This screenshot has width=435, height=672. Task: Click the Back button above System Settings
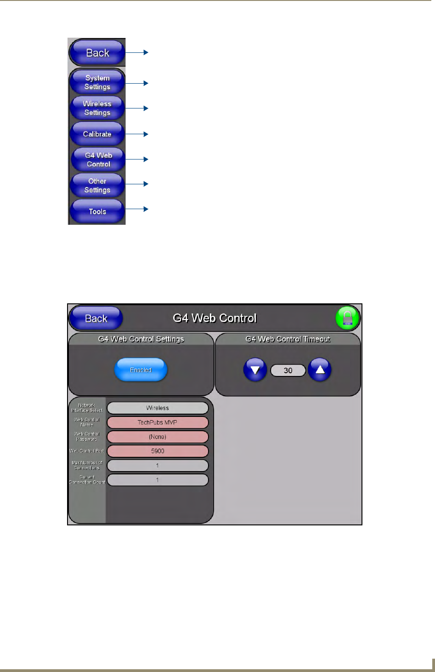tap(97, 53)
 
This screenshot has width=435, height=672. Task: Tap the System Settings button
tap(97, 82)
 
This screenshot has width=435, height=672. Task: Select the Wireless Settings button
tap(97, 108)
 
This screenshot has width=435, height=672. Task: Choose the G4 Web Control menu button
tap(98, 159)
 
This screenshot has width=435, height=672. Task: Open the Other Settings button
tap(97, 185)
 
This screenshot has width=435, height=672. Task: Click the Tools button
tap(97, 211)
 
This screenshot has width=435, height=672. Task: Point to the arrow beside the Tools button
tap(137, 209)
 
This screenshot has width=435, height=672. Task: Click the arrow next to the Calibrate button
tap(137, 134)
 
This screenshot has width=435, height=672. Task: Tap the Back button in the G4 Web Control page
tap(96, 318)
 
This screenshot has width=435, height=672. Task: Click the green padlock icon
tap(347, 318)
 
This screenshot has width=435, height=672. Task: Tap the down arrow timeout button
tap(255, 370)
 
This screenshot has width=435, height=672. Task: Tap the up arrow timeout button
tap(320, 370)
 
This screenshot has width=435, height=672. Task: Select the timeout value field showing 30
tap(288, 370)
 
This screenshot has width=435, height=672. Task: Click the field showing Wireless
tap(158, 408)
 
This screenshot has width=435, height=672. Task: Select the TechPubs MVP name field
tap(158, 422)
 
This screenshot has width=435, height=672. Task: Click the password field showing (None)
tap(158, 437)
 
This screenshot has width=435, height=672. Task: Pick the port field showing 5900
tap(158, 451)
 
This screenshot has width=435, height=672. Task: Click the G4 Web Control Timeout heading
tap(288, 339)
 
